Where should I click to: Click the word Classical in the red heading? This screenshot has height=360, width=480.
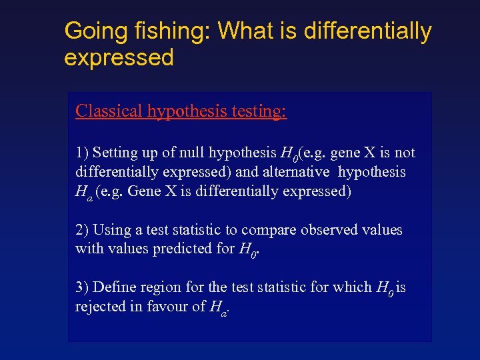109,111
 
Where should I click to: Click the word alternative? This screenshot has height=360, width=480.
295,172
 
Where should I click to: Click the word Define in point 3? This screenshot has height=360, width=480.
115,287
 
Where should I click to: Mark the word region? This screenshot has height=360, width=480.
161,287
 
